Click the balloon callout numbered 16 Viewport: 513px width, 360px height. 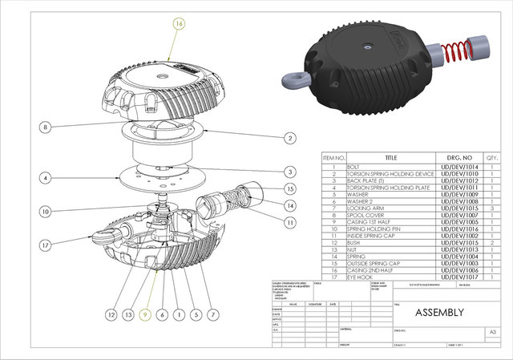pos(179,25)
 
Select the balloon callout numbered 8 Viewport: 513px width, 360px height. pos(46,127)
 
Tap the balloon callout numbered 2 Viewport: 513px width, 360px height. pos(289,138)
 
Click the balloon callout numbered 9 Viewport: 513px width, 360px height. pos(145,314)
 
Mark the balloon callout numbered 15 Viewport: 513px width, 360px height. pos(289,189)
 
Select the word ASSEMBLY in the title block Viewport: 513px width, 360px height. pos(438,312)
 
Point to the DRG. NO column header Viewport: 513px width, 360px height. pos(458,158)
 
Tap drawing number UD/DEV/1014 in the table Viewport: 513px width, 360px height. pos(458,167)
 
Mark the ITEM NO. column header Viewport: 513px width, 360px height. pos(333,158)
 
